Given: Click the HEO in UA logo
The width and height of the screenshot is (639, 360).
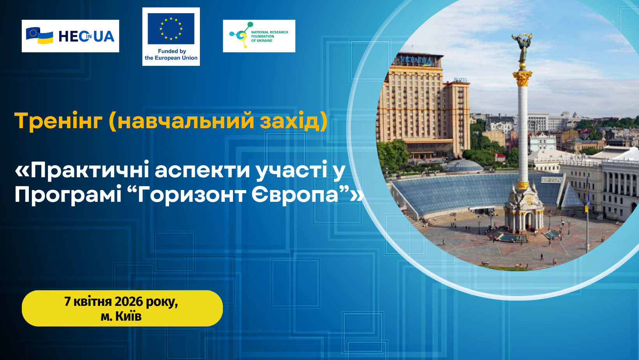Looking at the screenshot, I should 71,36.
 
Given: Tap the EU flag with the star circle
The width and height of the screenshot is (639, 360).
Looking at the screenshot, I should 171,28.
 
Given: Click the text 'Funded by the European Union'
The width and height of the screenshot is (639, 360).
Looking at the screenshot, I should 171,55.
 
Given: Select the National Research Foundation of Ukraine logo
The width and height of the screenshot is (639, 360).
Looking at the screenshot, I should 259,36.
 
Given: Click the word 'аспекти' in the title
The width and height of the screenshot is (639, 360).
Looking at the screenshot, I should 202,171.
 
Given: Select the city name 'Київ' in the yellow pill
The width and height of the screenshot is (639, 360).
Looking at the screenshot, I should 128,316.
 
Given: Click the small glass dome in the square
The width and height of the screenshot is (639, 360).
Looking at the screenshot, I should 463,166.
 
